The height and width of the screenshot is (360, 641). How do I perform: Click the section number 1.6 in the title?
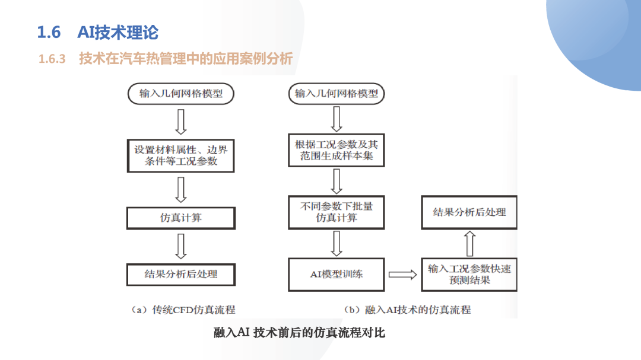49,32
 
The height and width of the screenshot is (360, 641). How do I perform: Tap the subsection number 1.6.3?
52,59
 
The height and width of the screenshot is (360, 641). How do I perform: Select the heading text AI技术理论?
118,32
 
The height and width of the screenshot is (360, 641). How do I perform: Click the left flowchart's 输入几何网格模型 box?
180,94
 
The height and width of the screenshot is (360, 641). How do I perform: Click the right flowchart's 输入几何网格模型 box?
337,94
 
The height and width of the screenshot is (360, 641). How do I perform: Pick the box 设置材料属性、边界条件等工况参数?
180,156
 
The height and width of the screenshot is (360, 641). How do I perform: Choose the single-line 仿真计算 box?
180,218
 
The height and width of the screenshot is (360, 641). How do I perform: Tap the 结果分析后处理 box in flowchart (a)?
180,274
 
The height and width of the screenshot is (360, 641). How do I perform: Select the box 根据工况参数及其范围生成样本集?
337,150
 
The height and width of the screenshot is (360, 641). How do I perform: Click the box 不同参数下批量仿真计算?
337,212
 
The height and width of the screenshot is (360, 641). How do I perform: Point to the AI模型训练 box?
337,274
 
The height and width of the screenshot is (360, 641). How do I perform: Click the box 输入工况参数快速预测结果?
469,274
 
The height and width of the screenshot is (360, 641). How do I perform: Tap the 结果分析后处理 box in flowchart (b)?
469,212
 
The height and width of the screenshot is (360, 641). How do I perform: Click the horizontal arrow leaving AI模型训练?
402,275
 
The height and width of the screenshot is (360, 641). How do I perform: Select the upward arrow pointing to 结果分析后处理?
469,244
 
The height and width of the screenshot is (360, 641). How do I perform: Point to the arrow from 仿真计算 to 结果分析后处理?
180,246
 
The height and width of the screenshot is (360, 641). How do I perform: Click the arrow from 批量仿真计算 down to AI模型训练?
337,244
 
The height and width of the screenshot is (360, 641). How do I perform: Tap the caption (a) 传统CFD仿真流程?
183,310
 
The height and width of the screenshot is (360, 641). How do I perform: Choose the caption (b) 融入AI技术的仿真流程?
407,310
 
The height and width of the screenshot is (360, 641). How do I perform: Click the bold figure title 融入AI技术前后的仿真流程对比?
299,333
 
